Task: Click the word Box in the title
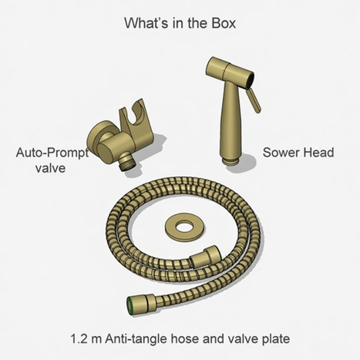(219, 22)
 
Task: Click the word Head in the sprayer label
(318, 153)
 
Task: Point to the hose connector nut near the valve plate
(211, 257)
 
